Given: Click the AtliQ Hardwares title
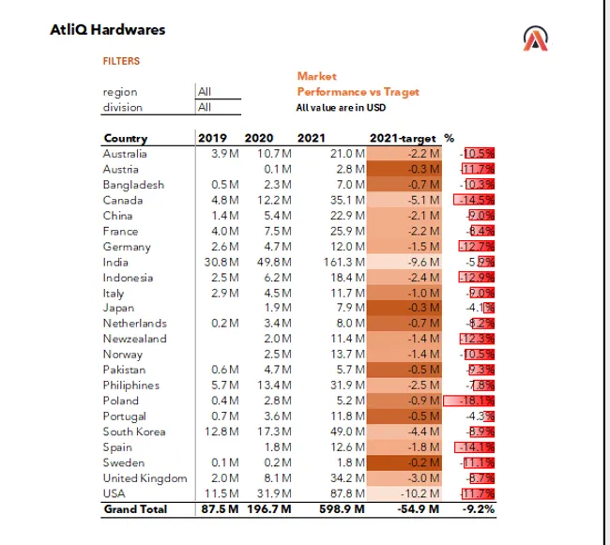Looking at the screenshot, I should pyautogui.click(x=107, y=29).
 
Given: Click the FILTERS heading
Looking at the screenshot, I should pyautogui.click(x=121, y=61).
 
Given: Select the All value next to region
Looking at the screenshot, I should pyautogui.click(x=205, y=92).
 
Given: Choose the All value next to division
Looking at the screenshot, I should pyautogui.click(x=205, y=107).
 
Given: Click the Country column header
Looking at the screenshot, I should pyautogui.click(x=125, y=139).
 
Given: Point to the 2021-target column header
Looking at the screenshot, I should pyautogui.click(x=404, y=139).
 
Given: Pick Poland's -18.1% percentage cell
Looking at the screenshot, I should pyautogui.click(x=476, y=401).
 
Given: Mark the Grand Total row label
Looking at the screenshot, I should pyautogui.click(x=135, y=509).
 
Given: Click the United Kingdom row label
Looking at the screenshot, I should pyautogui.click(x=145, y=478).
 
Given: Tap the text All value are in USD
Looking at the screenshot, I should pyautogui.click(x=342, y=107).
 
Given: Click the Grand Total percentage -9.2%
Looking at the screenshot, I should pyautogui.click(x=478, y=509).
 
